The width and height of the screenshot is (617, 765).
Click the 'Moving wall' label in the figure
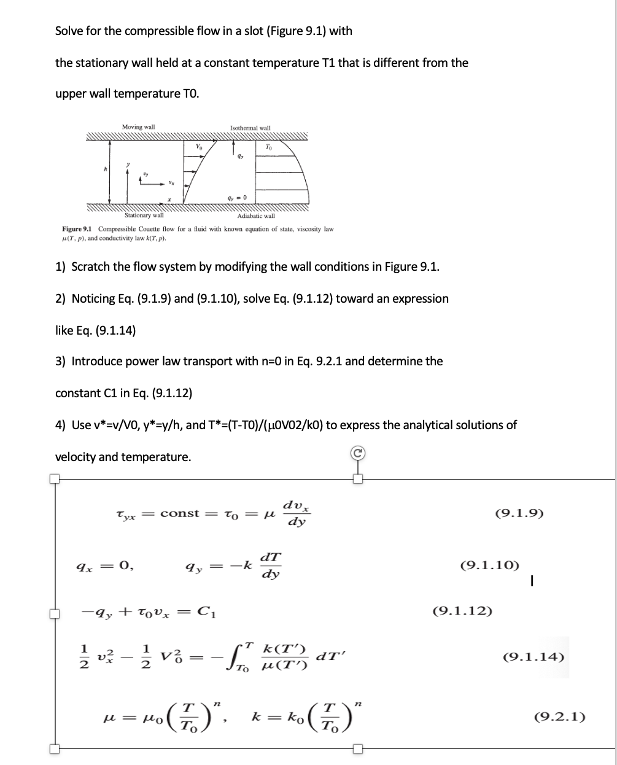click(138, 127)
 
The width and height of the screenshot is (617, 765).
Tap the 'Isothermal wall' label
click(250, 128)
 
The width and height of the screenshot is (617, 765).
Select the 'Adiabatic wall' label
click(256, 216)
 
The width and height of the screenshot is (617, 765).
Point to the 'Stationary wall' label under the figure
click(144, 216)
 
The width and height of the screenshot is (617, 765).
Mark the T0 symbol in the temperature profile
click(268, 146)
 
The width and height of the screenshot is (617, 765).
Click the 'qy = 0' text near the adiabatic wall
click(236, 197)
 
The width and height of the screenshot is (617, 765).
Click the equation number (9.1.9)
click(519, 513)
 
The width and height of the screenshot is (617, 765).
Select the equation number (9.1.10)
click(489, 564)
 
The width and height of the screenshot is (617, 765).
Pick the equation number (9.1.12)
click(462, 611)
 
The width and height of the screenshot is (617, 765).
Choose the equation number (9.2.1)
click(560, 716)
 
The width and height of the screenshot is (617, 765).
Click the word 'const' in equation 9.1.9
click(180, 513)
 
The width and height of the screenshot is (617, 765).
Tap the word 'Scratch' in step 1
click(91, 267)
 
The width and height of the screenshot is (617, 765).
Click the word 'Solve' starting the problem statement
click(70, 31)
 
